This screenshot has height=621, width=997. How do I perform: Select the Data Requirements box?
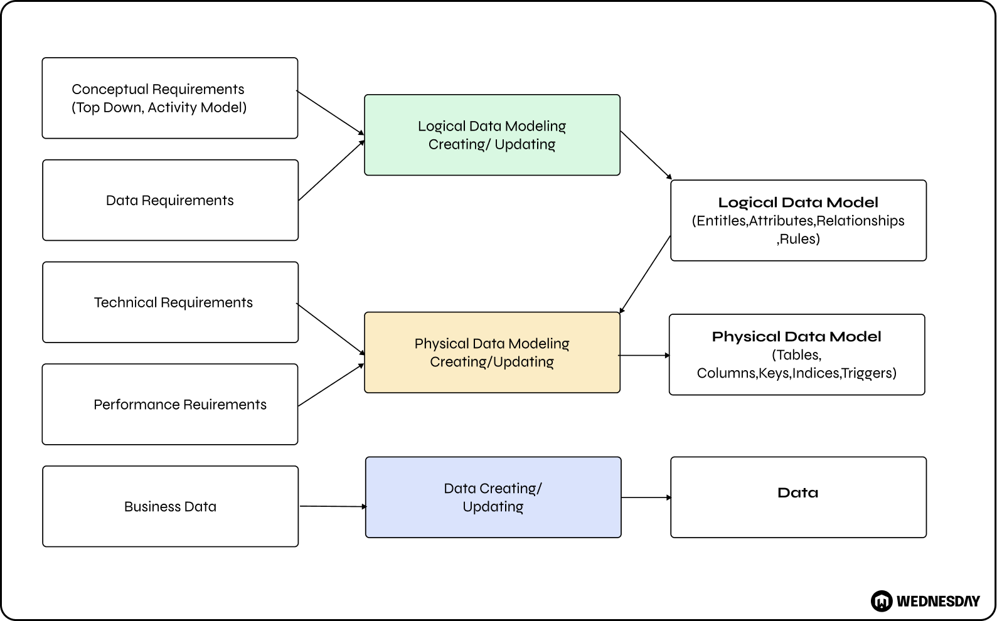pos(170,200)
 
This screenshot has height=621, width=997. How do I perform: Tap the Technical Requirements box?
pos(170,302)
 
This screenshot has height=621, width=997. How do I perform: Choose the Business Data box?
pos(170,506)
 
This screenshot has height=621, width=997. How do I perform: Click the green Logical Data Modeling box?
pos(492,135)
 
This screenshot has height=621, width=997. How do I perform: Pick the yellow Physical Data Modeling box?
pos(492,353)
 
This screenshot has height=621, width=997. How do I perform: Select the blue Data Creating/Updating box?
pos(493,497)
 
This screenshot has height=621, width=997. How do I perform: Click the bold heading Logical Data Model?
pos(798,203)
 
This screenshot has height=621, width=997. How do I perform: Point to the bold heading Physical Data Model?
pos(796,337)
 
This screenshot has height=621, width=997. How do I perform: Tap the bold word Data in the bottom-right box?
pos(797,493)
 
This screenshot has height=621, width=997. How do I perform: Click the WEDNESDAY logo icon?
pos(882,601)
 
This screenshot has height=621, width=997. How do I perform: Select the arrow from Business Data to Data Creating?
pos(333,506)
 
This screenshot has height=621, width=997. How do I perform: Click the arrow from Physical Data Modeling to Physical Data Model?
pos(644,356)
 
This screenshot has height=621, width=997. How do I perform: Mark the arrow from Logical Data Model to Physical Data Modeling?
pos(645,274)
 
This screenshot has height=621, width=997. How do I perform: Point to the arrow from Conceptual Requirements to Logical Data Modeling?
pos(330,113)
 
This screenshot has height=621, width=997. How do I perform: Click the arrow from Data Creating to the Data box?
pos(646,497)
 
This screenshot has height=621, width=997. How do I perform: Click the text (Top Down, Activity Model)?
pos(159,108)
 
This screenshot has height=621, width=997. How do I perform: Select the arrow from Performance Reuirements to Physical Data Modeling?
pos(331,385)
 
